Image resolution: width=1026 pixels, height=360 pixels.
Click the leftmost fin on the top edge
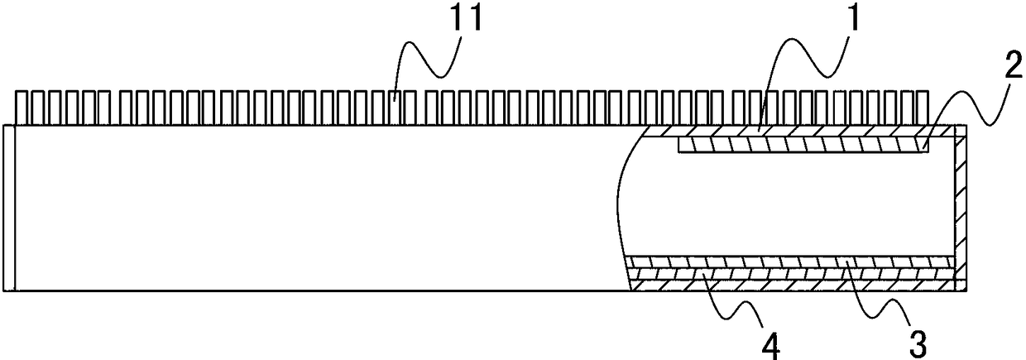[22, 108]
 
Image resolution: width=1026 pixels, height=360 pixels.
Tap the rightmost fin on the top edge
[925, 108]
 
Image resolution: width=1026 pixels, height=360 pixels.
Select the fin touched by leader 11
[397, 108]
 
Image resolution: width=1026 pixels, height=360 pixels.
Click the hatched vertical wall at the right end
[960, 207]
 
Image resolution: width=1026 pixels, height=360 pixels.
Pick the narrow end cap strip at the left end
[8, 207]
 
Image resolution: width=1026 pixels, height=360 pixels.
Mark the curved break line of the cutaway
[619, 207]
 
